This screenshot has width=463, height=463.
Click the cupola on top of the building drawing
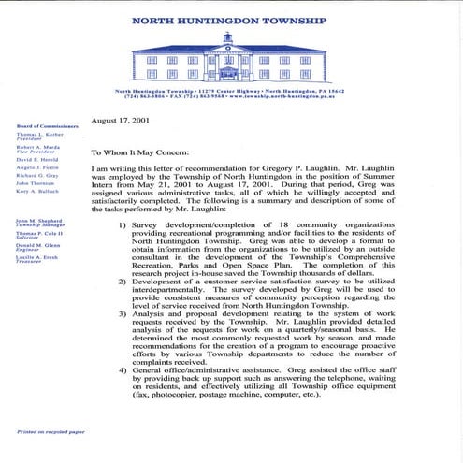[x=228, y=38]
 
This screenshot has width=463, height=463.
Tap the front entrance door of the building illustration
[x=228, y=76]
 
